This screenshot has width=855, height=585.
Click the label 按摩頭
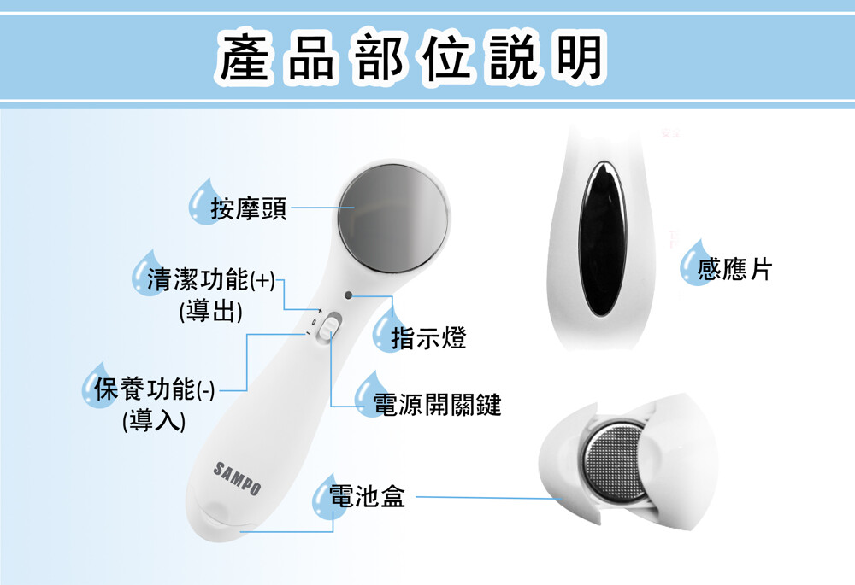coord(249,208)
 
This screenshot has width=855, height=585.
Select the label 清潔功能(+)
coord(211,279)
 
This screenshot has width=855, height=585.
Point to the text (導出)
coord(211,311)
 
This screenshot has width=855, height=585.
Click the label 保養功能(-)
coord(155,389)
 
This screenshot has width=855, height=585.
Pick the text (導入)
coord(154,420)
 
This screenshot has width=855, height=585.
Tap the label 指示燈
coord(429,337)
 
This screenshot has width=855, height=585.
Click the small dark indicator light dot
coord(349,295)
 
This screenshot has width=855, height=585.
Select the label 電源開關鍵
coord(437,405)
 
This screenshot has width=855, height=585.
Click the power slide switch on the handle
coord(329,327)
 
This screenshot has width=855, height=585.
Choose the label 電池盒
coord(367,496)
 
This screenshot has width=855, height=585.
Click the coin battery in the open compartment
coord(613,464)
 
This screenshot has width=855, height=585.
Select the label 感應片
coord(734,268)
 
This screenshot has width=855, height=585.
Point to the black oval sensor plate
coord(603,238)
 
